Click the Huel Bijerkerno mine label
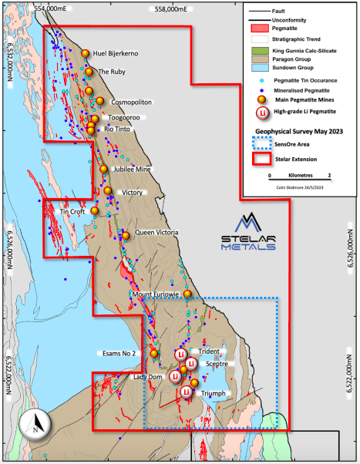pyautogui.click(x=121, y=54)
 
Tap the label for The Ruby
pyautogui.click(x=113, y=72)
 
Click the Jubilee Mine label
pyautogui.click(x=133, y=169)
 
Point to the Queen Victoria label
pyautogui.click(x=156, y=232)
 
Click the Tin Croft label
pyautogui.click(x=72, y=211)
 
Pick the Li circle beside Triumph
pyautogui.click(x=187, y=392)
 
